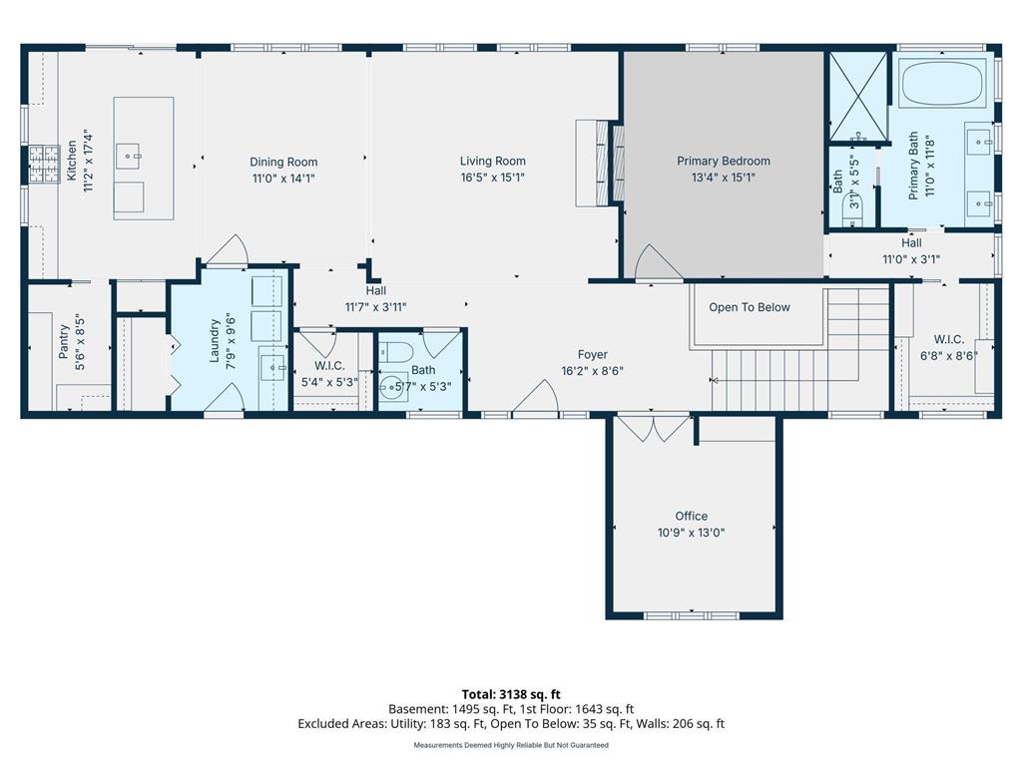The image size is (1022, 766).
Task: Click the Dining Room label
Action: pos(283,162)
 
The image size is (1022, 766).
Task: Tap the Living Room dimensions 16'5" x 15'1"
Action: pos(492,178)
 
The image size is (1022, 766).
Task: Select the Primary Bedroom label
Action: pos(723,161)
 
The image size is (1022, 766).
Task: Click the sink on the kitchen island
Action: pos(129,153)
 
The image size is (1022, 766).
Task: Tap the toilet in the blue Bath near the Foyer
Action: pos(398,353)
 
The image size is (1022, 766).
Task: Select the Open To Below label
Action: pos(749,307)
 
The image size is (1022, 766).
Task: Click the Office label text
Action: pos(691,516)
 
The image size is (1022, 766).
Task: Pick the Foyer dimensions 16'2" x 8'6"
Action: pos(592,372)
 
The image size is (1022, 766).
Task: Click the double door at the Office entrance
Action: pos(652,428)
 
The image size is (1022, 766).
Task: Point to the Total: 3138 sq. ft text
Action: pos(510,694)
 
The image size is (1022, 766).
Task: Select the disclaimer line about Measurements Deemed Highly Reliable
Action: pos(510,745)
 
